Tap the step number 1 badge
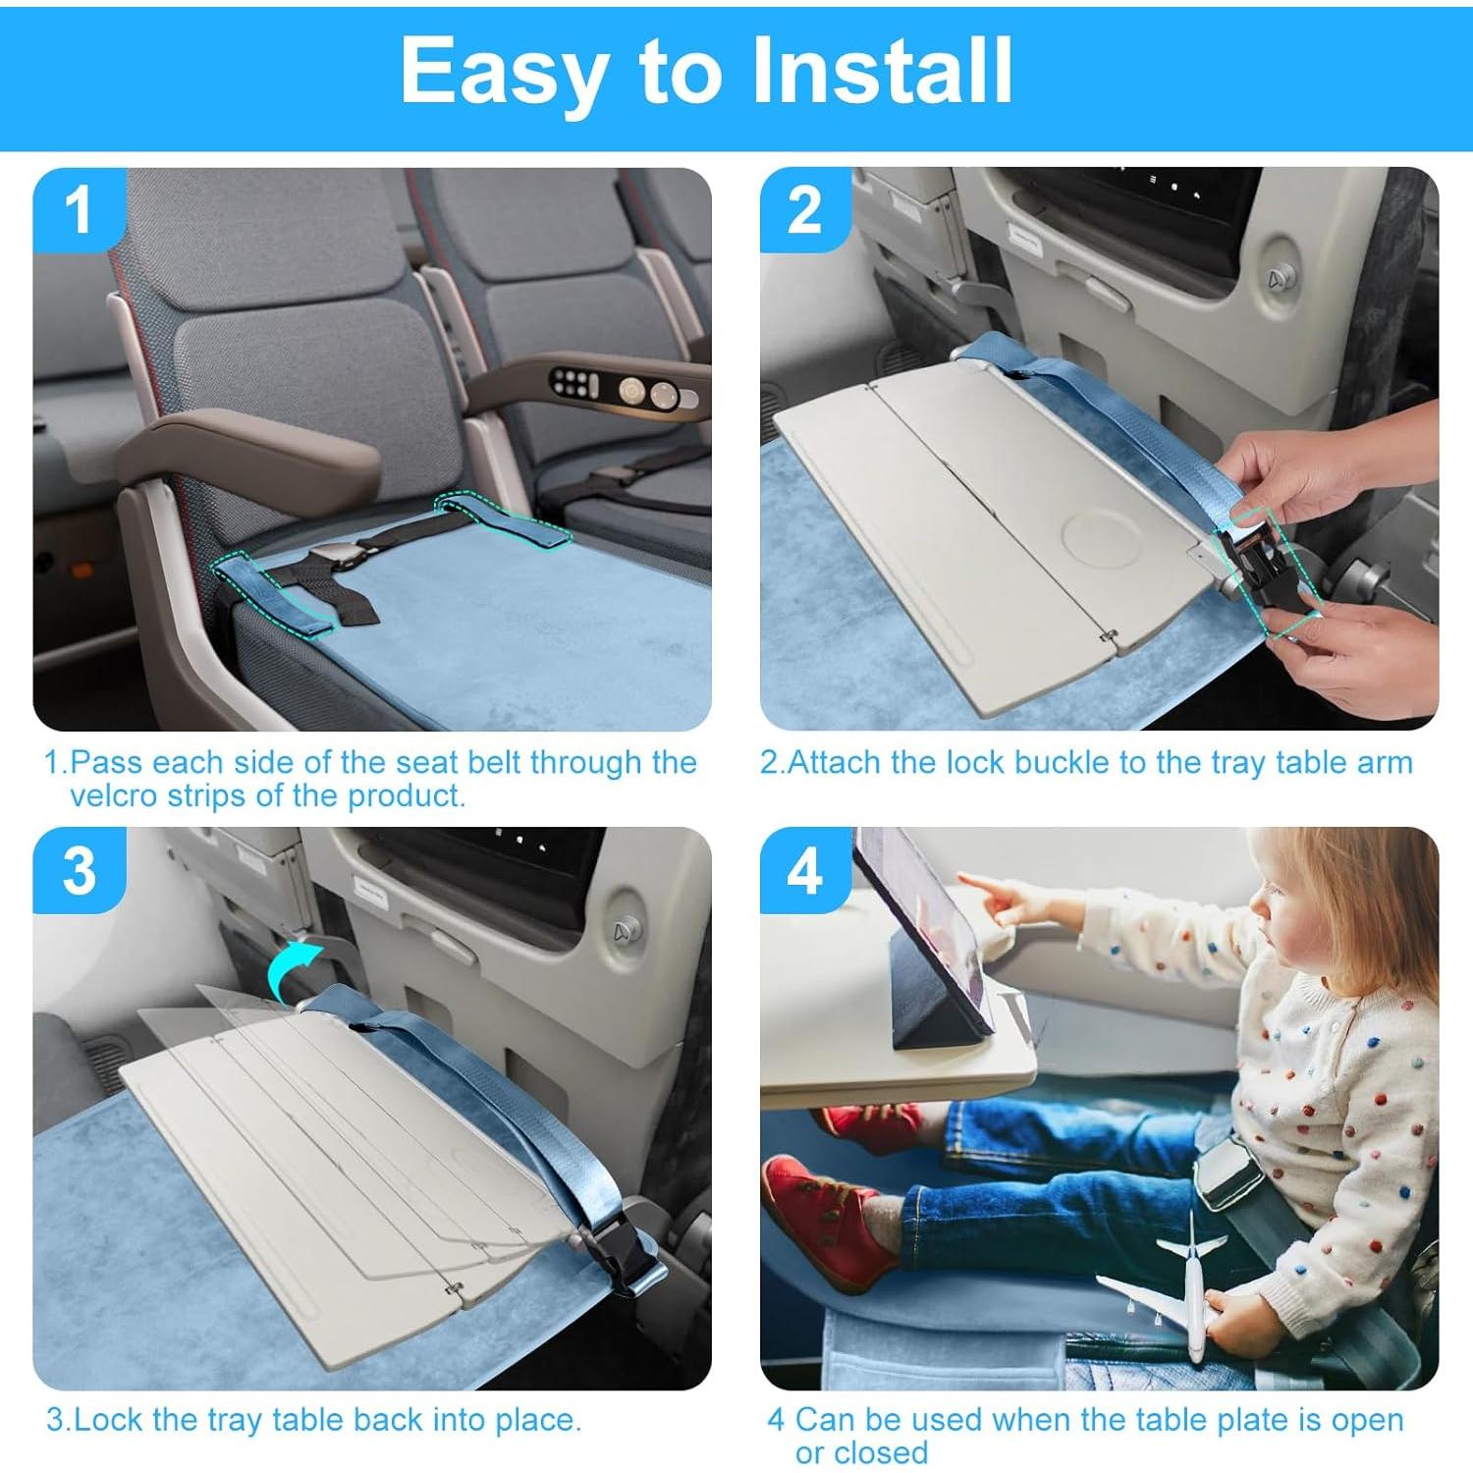[x=80, y=210]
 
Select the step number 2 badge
[x=805, y=210]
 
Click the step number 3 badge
[x=80, y=870]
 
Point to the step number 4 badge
[x=805, y=870]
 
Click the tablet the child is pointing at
[x=923, y=933]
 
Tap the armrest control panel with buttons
[x=614, y=390]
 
